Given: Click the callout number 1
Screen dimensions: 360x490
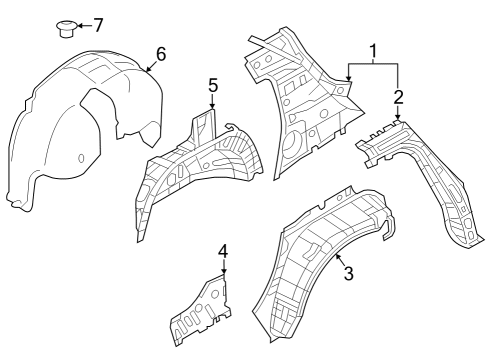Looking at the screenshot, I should point(373,50).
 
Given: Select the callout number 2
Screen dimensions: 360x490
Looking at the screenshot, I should point(398,97).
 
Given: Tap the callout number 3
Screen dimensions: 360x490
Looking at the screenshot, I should point(348,273).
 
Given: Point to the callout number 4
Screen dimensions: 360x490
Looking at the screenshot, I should point(223,250).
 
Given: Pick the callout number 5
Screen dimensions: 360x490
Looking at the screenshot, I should point(212,87).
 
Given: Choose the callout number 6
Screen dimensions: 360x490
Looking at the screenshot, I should point(160,54).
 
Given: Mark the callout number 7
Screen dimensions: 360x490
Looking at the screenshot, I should point(98,24).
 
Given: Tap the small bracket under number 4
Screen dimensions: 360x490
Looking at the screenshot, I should point(204,310).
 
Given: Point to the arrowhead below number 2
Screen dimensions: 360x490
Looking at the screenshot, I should point(398,119).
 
